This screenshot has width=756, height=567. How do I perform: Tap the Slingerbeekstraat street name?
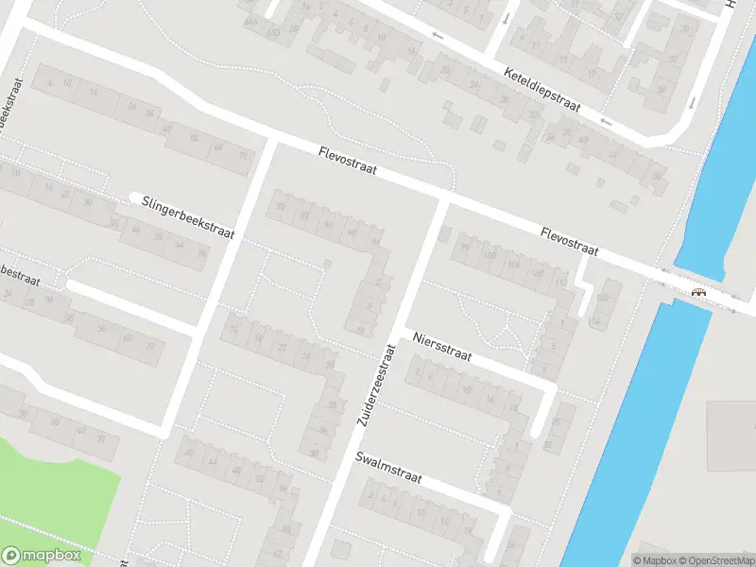coord(188,216)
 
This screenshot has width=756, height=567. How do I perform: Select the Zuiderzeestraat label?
coord(374,384)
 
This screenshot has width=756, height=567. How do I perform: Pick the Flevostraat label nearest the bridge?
coord(570,241)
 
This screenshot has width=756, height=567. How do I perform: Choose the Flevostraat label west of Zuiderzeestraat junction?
coord(348,161)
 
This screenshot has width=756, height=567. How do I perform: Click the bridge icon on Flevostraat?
coord(699,292)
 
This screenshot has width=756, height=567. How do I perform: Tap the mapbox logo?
coord(42,555)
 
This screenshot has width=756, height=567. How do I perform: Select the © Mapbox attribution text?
coord(656,560)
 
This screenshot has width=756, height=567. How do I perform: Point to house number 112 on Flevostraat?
coord(560,282)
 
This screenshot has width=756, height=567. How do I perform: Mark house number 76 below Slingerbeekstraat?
coord(200,252)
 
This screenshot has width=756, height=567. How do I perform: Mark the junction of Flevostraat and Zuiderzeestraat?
coord(445,199)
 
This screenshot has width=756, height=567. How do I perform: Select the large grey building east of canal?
coord(731,435)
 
